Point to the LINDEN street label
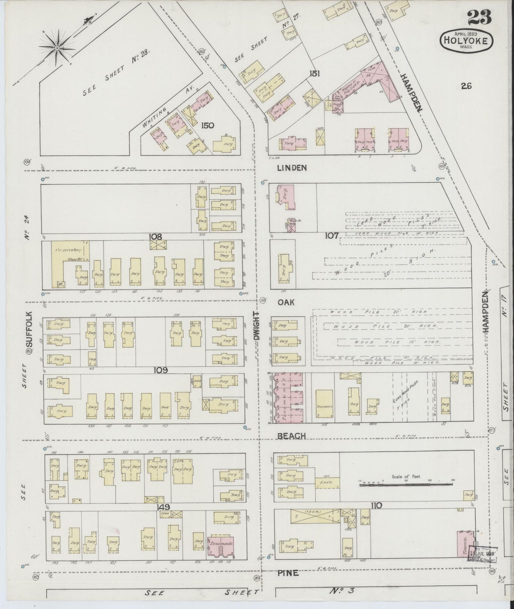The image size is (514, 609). click(292, 168)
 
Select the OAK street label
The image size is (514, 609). click(286, 302)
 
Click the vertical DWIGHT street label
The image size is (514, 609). click(257, 327)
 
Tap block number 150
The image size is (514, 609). click(207, 125)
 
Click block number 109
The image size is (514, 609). click(160, 370)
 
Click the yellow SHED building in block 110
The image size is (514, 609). click(327, 483)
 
